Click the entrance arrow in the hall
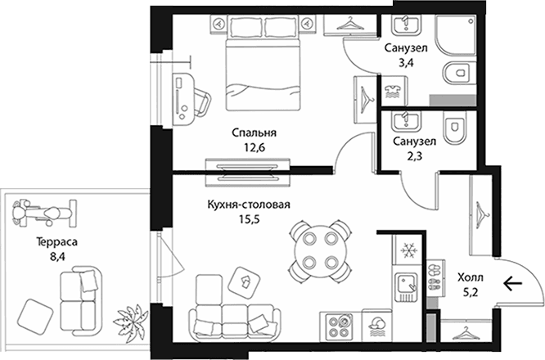[x=513, y=284]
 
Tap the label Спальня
[x=254, y=133]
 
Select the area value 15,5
[x=248, y=219]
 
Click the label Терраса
[x=57, y=242]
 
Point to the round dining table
[x=320, y=251]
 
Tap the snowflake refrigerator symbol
[x=407, y=250]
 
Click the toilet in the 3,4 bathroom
[x=460, y=74]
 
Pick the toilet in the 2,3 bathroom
[x=454, y=128]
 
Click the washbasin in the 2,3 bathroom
[x=407, y=121]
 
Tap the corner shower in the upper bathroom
[x=456, y=34]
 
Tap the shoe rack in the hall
[x=436, y=278]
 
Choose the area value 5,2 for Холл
[x=471, y=292]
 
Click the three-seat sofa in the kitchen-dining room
[x=235, y=322]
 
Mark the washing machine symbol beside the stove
[x=376, y=326]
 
